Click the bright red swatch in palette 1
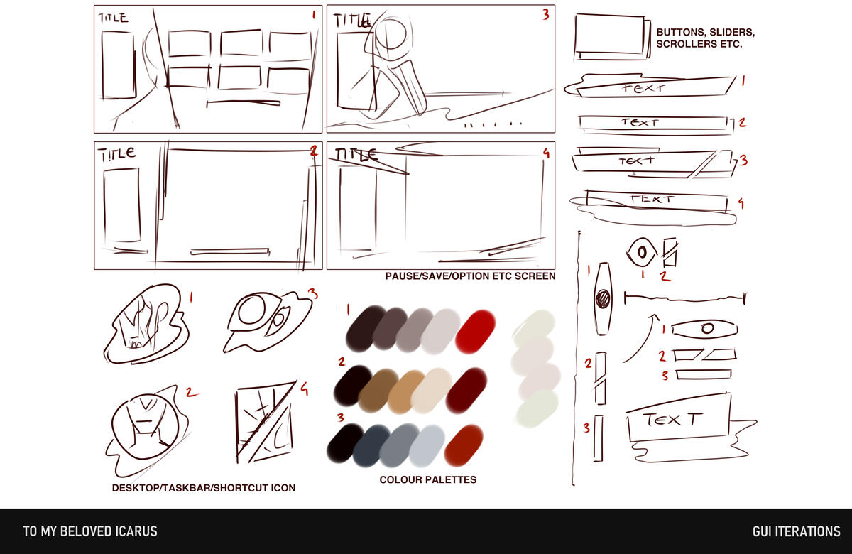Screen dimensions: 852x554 pyautogui.click(x=475, y=332)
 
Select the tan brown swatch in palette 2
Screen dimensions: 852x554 pyautogui.click(x=406, y=392)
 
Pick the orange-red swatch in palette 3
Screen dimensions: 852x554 pyautogui.click(x=463, y=445)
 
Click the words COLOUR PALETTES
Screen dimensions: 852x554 pyautogui.click(x=428, y=479)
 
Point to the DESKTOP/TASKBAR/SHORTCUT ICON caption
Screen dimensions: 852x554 pyautogui.click(x=204, y=488)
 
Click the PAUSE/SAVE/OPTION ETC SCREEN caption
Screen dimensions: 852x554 pyautogui.click(x=470, y=276)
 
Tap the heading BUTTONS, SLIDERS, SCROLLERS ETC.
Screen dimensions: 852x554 pyautogui.click(x=706, y=38)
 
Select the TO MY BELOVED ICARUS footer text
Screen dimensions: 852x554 pyautogui.click(x=90, y=531)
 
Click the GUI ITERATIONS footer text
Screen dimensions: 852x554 pyautogui.click(x=797, y=531)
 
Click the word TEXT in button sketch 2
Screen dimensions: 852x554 pyautogui.click(x=640, y=122)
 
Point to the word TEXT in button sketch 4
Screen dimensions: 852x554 pyautogui.click(x=652, y=199)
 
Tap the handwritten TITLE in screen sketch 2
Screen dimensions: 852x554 pyautogui.click(x=116, y=154)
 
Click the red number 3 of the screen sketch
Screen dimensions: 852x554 pyautogui.click(x=546, y=14)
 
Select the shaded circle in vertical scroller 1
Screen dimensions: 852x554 pyautogui.click(x=603, y=298)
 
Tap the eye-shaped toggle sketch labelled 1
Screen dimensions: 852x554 pyautogui.click(x=641, y=252)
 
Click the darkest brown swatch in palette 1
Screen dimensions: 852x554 pyautogui.click(x=365, y=328)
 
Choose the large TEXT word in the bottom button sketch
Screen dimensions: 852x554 pyautogui.click(x=672, y=420)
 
